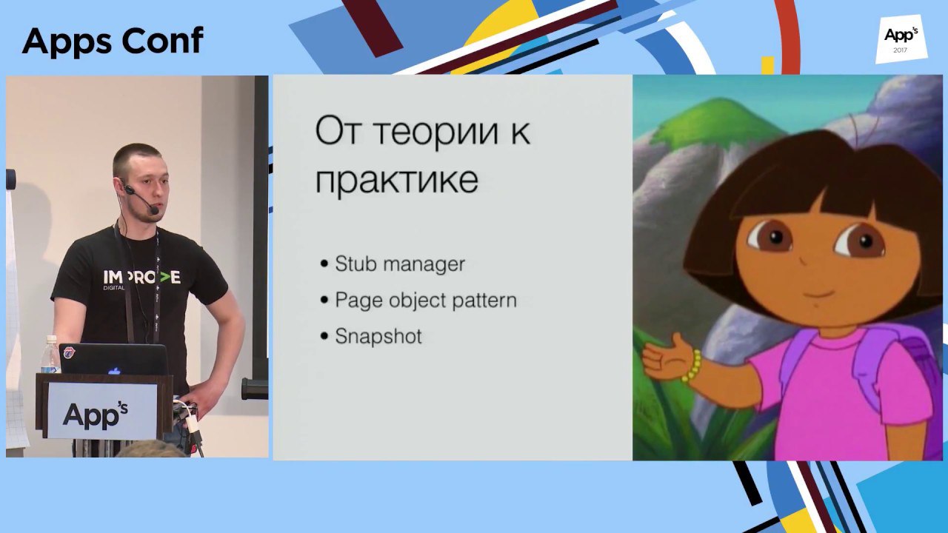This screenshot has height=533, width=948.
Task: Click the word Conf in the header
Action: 162,41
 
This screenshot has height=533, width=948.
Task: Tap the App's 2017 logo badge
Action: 901,39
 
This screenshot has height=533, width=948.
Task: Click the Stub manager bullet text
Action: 400,264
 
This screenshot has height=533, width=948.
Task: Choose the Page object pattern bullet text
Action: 426,301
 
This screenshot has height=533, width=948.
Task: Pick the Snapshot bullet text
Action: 378,337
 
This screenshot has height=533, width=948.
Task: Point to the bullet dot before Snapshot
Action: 324,337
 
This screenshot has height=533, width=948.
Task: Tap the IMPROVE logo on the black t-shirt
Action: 141,278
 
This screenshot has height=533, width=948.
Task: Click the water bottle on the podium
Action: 50,355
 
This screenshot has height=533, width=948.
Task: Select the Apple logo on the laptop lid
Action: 114,371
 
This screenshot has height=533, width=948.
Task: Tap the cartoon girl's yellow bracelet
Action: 692,366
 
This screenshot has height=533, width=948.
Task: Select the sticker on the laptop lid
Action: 70,352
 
